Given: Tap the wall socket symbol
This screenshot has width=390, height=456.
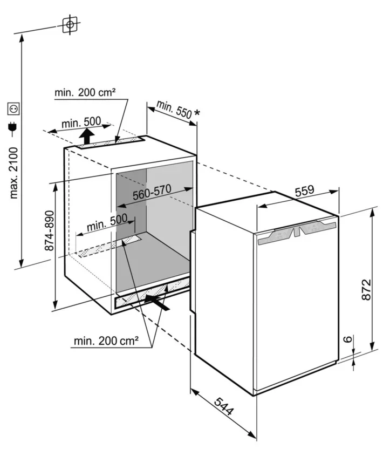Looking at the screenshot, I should tap(13, 110).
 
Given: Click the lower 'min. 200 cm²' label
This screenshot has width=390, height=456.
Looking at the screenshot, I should tap(106, 341).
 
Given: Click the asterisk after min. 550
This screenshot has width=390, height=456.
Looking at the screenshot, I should tap(197, 113).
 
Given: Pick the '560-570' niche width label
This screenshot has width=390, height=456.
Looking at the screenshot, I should tap(152, 194).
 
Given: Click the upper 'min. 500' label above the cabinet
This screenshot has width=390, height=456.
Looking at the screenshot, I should tap(78, 122).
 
